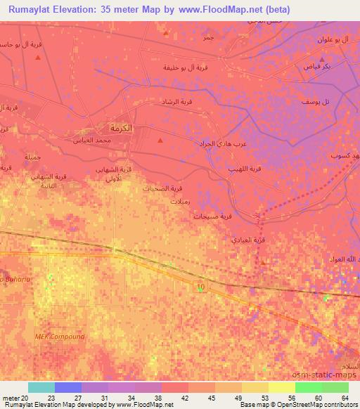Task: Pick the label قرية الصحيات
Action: click(167, 188)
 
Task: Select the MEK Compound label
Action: click(60, 337)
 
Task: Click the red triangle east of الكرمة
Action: click(160, 141)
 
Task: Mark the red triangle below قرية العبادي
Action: click(263, 263)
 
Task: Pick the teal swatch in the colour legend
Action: click(41, 387)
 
